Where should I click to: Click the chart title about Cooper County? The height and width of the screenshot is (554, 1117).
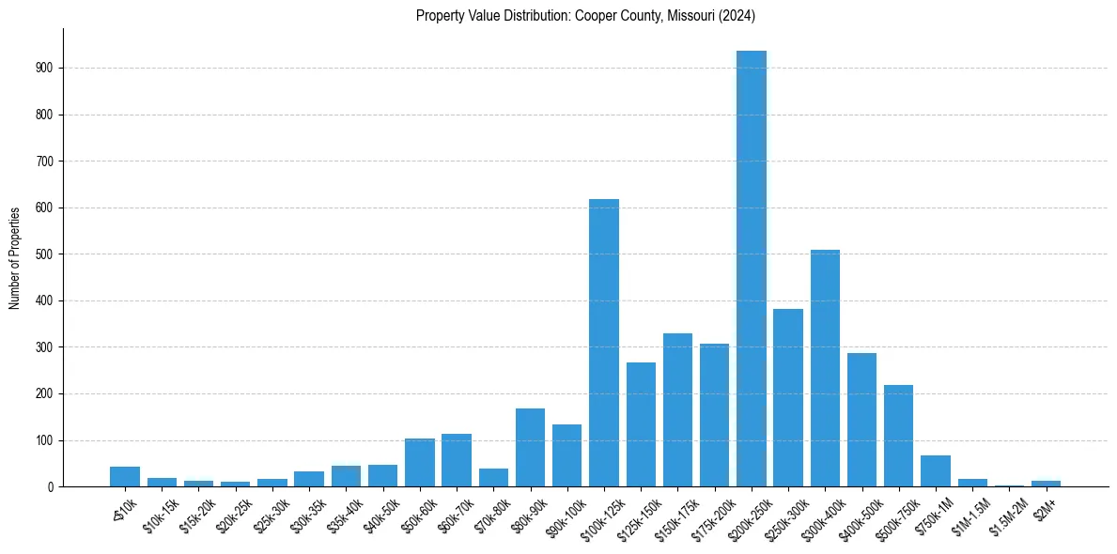585,16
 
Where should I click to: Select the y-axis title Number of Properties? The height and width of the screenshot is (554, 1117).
15,257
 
